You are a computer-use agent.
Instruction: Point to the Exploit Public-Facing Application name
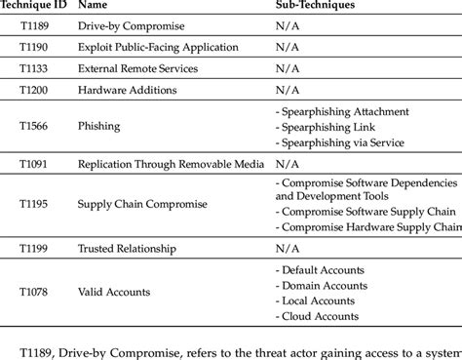[x=159, y=47]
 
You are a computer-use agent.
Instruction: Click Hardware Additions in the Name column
[x=128, y=91]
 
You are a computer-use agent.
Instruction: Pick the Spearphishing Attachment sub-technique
[x=345, y=112]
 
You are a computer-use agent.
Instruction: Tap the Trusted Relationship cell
[x=129, y=249]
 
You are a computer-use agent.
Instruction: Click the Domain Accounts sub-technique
[x=324, y=285]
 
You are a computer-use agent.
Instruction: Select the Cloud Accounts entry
[x=320, y=316]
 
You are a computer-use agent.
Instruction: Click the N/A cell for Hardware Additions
[x=289, y=91]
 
